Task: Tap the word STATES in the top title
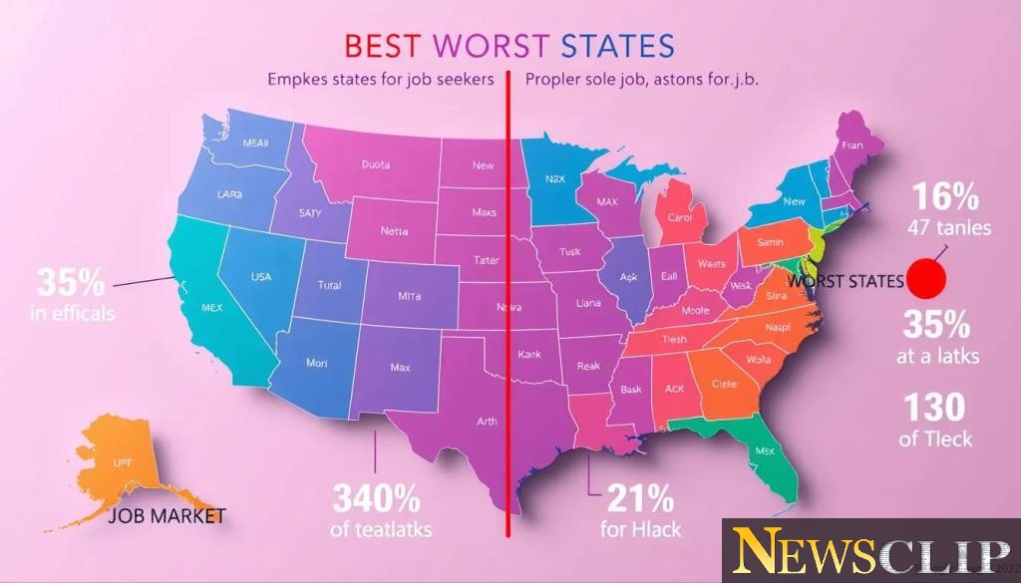tap(617, 47)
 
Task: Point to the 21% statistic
tap(637, 496)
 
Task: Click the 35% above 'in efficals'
tap(71, 282)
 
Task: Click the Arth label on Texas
tap(487, 422)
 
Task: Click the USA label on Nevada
tap(260, 276)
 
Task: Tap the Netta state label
tap(395, 231)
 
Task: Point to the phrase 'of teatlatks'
tap(381, 529)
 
